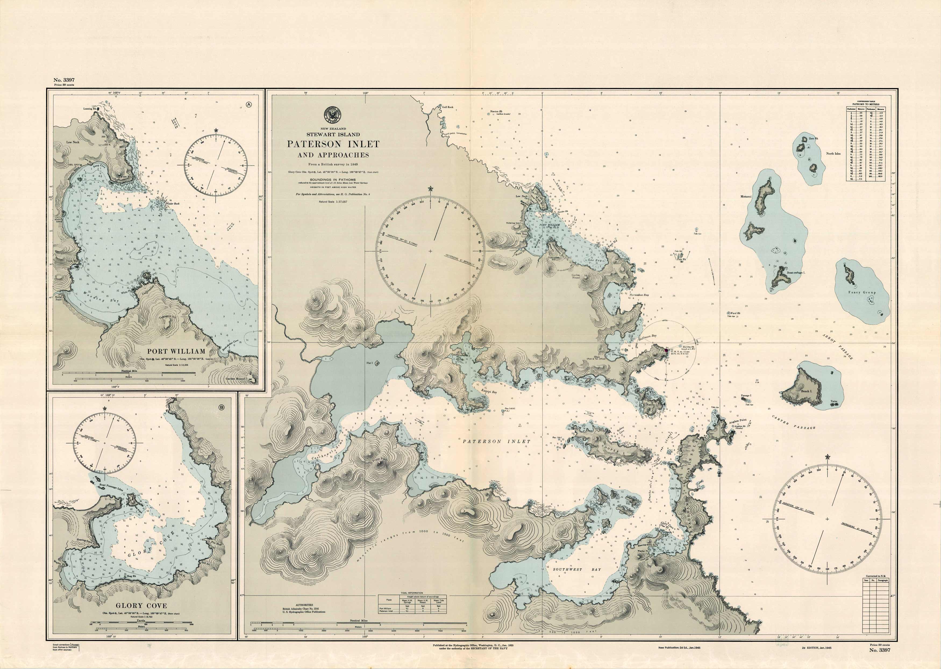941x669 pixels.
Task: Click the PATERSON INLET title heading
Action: [x=333, y=144]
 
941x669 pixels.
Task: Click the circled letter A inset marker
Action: [x=249, y=105]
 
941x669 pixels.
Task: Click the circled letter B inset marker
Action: [x=222, y=408]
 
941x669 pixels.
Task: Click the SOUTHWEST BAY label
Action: [x=577, y=569]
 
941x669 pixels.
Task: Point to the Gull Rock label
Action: [x=448, y=107]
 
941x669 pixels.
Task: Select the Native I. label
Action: [x=650, y=405]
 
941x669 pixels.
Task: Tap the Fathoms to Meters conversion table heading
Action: [x=865, y=104]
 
